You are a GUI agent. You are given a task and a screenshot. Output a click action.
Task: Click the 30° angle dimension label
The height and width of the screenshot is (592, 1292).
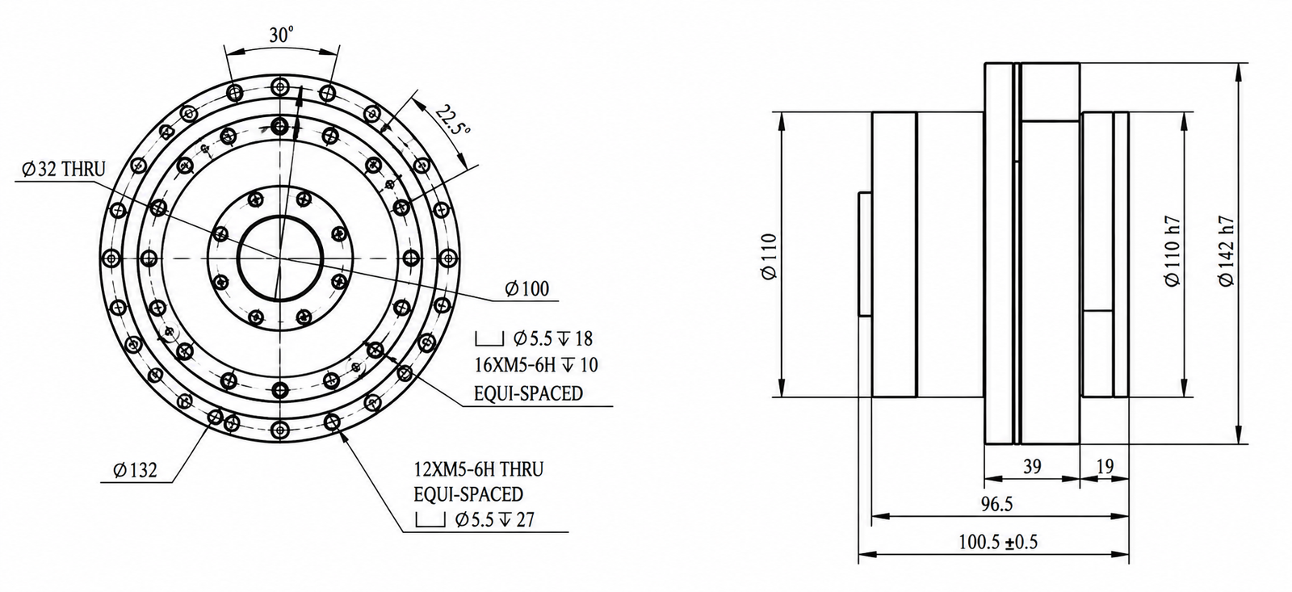click(281, 36)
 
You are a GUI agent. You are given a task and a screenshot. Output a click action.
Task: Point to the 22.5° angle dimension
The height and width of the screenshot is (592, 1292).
click(452, 120)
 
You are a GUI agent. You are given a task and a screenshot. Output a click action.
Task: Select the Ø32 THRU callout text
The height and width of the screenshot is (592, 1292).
click(64, 169)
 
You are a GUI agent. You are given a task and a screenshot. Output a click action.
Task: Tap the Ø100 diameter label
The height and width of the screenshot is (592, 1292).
click(527, 288)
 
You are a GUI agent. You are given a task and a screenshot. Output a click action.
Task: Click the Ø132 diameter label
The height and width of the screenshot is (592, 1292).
click(136, 470)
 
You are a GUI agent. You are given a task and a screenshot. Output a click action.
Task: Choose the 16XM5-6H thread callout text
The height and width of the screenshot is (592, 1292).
click(536, 365)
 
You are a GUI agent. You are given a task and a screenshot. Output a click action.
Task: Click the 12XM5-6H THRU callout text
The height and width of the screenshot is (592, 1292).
click(479, 469)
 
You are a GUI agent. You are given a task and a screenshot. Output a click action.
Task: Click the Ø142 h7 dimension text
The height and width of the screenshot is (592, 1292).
click(1226, 251)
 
